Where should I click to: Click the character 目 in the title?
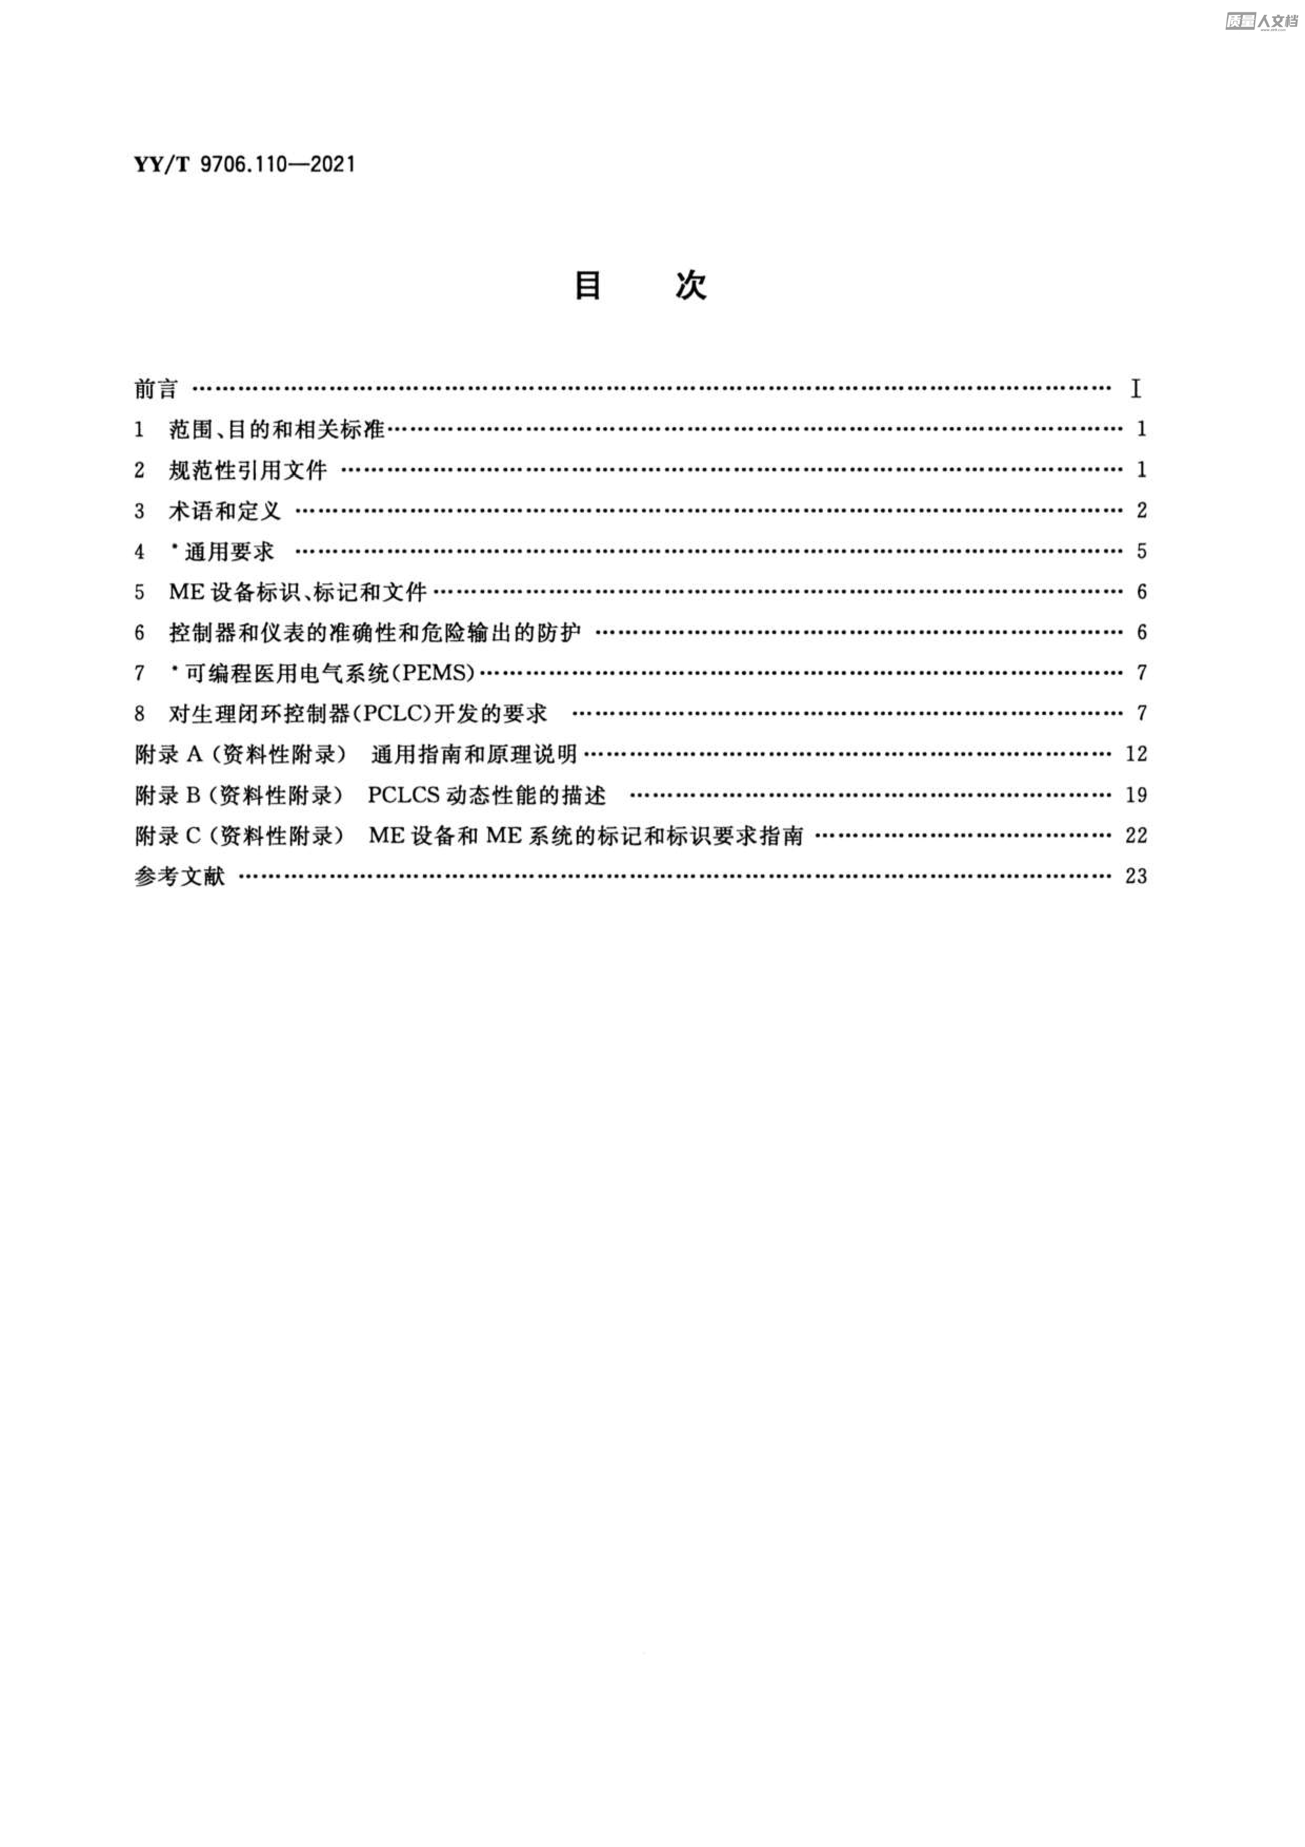pos(588,285)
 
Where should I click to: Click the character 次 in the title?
pos(691,285)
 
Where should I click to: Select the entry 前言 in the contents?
pos(156,389)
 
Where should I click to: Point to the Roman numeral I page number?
pos(1136,389)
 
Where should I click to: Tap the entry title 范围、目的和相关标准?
pos(277,430)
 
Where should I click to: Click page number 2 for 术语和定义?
pos(1141,510)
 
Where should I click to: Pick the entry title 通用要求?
pos(229,552)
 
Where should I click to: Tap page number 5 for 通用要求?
pos(1141,551)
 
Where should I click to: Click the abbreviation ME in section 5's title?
pos(187,592)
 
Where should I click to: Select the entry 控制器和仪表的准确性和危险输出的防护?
pos(375,633)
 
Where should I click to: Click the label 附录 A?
pos(169,754)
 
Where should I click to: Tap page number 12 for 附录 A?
pos(1136,754)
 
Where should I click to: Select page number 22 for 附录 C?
pos(1136,835)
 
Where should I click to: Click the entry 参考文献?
pos(179,876)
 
